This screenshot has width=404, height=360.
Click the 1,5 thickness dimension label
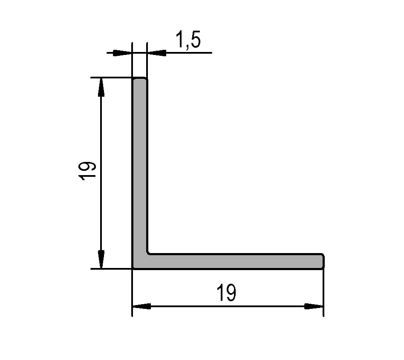click(188, 39)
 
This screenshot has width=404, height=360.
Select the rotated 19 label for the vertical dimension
click(87, 171)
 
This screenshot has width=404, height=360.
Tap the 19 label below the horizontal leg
click(226, 293)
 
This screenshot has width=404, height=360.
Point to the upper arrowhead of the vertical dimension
click(101, 87)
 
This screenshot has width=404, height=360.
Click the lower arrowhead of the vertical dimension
click(101, 259)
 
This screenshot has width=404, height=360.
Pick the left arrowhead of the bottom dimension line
click(142, 306)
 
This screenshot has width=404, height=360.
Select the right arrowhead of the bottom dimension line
click(314, 306)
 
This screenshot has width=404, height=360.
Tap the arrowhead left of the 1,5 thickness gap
click(123, 53)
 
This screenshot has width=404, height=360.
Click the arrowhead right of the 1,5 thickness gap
click(157, 53)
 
